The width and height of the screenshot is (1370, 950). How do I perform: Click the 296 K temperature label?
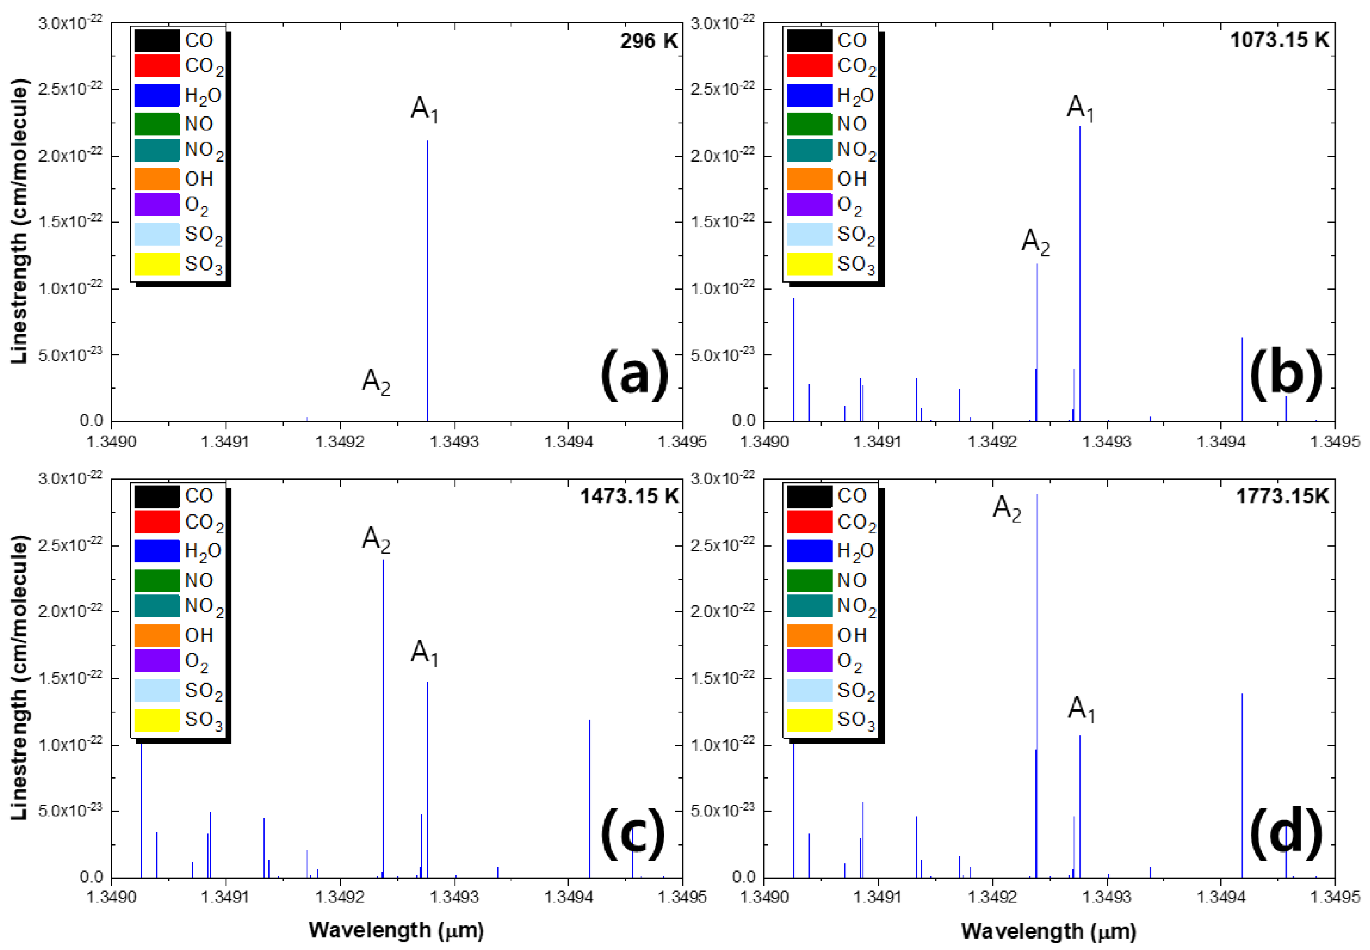coord(648,41)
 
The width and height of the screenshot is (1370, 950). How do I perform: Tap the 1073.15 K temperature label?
coord(1279,39)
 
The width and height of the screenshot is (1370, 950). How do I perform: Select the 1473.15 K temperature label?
coord(629,496)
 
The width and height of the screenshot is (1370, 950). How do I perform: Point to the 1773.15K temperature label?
coord(1282,496)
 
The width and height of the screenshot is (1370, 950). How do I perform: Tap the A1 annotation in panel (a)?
coord(424,109)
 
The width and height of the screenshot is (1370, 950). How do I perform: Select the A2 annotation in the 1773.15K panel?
coord(1007,509)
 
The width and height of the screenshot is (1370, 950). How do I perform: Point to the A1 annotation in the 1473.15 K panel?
coord(424,653)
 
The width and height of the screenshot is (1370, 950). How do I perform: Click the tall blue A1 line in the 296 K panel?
coord(427,280)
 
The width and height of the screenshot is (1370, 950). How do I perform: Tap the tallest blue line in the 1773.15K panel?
coord(1037,685)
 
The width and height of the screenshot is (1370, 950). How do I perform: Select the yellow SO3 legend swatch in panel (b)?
coord(809,264)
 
